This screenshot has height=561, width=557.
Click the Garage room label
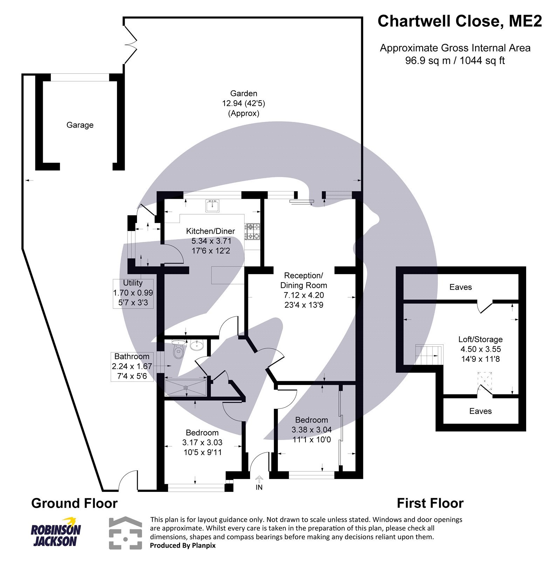[x=80, y=125]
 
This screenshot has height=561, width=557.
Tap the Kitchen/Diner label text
[x=210, y=231]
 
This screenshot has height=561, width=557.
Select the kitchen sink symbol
[x=212, y=206]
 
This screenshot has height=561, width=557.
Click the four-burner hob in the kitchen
[x=253, y=231]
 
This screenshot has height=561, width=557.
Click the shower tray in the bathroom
[x=186, y=387]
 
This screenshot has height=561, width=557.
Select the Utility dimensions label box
[x=133, y=293]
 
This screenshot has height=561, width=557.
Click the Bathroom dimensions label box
[x=132, y=366]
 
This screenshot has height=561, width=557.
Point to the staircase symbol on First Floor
[x=429, y=355]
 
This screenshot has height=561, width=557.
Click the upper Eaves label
[x=460, y=287]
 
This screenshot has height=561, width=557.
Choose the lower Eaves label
[x=480, y=411]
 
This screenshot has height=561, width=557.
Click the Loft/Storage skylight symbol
[x=485, y=380]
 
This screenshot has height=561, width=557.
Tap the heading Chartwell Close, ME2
[x=459, y=21]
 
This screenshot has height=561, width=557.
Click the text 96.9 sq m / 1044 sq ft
[x=455, y=61]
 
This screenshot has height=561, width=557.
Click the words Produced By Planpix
[x=183, y=546]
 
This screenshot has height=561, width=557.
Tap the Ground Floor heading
[x=74, y=503]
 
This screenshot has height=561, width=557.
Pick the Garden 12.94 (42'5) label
[x=243, y=103]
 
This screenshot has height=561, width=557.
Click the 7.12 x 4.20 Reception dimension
[x=303, y=295]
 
